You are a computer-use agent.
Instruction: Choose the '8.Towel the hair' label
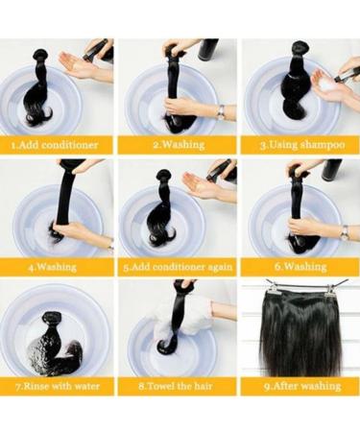click(x=180, y=386)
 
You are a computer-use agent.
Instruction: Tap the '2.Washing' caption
click(x=180, y=145)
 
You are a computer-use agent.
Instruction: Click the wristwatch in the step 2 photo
click(x=221, y=111)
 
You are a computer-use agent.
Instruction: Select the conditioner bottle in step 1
click(x=99, y=49)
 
